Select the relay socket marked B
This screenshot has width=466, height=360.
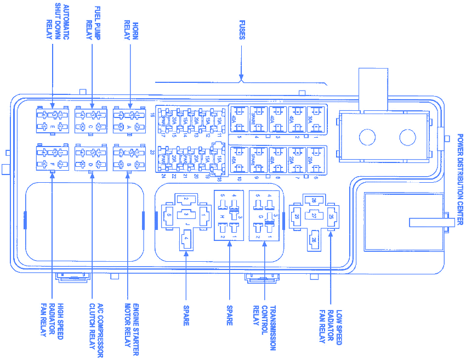129,158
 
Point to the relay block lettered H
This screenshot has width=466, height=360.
228,216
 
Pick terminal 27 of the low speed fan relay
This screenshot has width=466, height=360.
314,216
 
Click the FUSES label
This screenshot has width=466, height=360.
242,30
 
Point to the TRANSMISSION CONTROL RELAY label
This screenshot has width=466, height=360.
264,327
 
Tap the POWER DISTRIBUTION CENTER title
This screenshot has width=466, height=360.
459,179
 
